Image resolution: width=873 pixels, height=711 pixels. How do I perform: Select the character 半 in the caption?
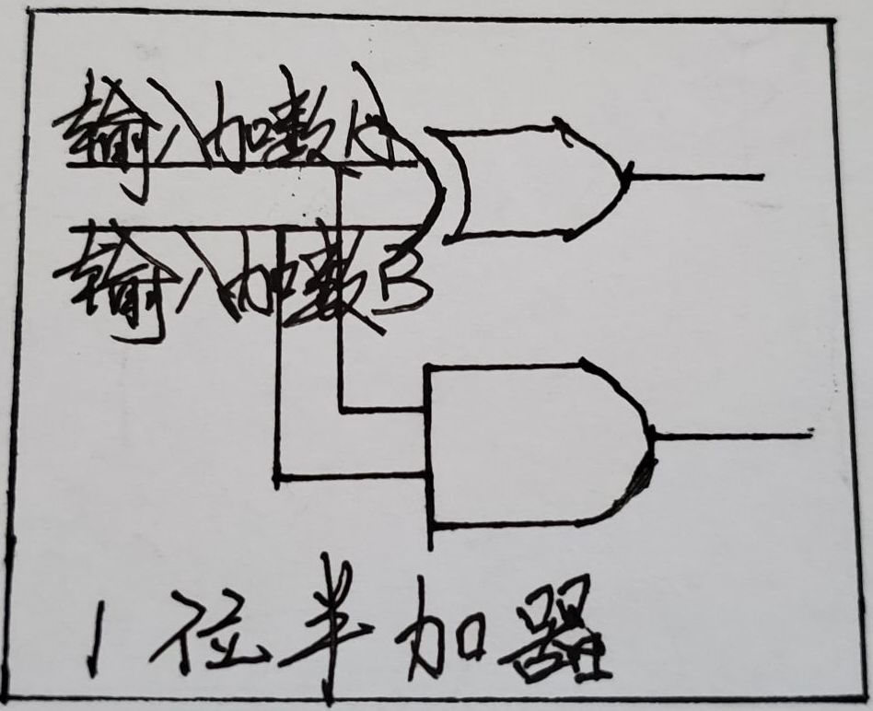(x=327, y=626)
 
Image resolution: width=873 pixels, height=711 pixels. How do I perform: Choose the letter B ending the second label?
(x=401, y=286)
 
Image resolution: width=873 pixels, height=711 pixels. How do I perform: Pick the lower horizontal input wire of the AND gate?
(x=350, y=476)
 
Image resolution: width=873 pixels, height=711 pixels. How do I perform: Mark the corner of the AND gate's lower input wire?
(x=276, y=476)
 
